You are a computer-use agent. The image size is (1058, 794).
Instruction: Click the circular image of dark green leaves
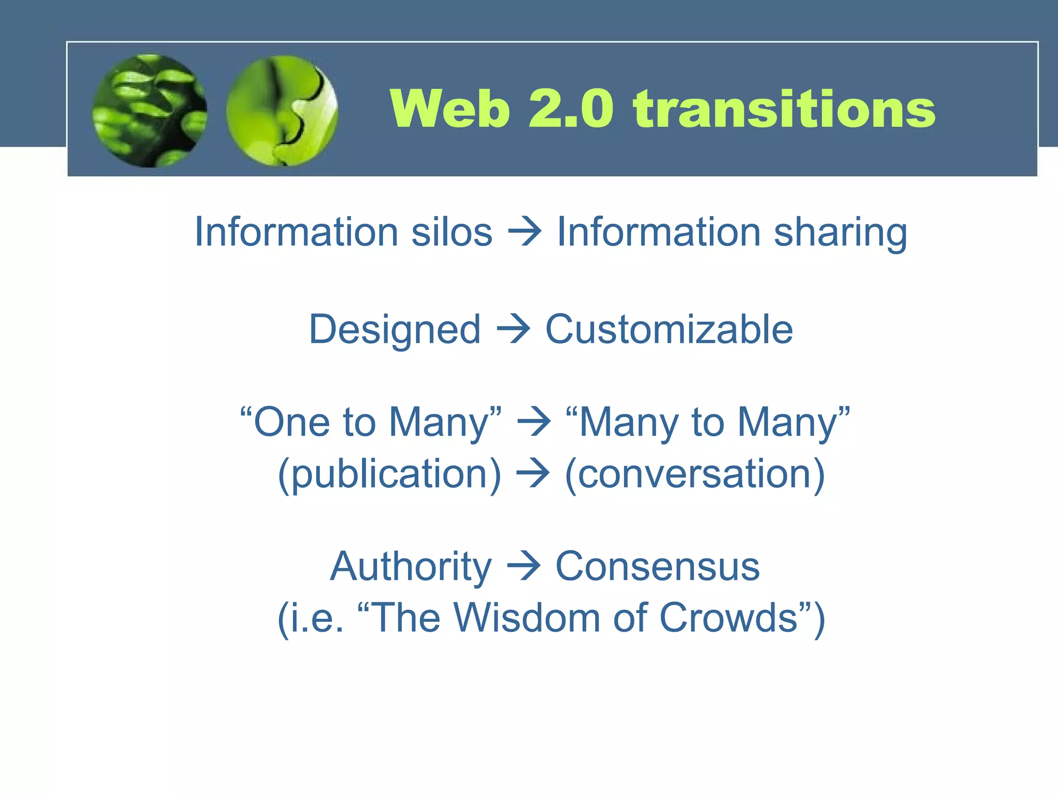150,111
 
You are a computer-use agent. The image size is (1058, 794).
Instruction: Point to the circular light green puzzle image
282,111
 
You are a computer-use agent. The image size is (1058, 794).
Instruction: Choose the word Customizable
669,330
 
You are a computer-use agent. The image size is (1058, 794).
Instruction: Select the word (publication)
390,475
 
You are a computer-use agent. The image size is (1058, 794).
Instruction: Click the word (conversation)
695,475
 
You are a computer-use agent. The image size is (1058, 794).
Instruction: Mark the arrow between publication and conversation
533,475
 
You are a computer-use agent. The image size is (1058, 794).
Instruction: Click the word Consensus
657,567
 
